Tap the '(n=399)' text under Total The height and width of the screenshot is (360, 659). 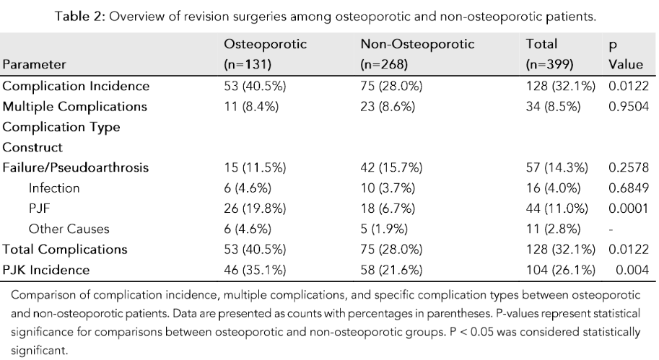[x=551, y=64]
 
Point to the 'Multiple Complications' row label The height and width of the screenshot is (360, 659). [x=75, y=106]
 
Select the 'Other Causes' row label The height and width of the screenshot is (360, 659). [x=69, y=229]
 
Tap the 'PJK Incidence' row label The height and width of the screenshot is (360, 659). [x=47, y=271]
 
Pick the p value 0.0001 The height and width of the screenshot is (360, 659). [x=626, y=208]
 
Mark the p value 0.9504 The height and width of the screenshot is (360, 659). [x=626, y=106]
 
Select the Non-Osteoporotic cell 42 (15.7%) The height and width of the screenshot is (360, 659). [x=391, y=168]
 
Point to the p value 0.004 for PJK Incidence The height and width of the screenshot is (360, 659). [x=629, y=271]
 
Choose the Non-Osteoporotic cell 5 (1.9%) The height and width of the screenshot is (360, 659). [x=384, y=229]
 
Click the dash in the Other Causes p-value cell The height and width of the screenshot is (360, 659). [x=612, y=229]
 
